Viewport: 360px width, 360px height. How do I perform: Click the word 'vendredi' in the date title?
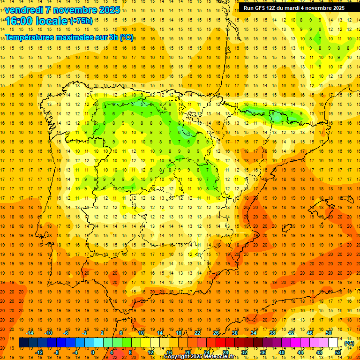[25, 9]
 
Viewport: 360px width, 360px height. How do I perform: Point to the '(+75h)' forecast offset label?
[81, 21]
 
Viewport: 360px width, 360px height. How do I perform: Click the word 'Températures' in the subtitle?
[30, 37]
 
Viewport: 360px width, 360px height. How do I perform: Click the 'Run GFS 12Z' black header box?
[294, 8]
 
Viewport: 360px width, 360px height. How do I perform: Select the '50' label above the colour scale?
[328, 333]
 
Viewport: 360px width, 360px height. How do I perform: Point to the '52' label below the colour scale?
[337, 352]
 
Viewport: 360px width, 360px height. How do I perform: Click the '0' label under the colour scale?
[93, 352]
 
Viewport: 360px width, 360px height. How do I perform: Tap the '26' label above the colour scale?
[216, 333]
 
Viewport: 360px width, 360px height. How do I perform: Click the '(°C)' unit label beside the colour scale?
[349, 343]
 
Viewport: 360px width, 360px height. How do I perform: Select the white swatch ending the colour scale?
[333, 343]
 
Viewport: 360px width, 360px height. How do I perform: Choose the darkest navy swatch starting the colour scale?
[23, 343]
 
